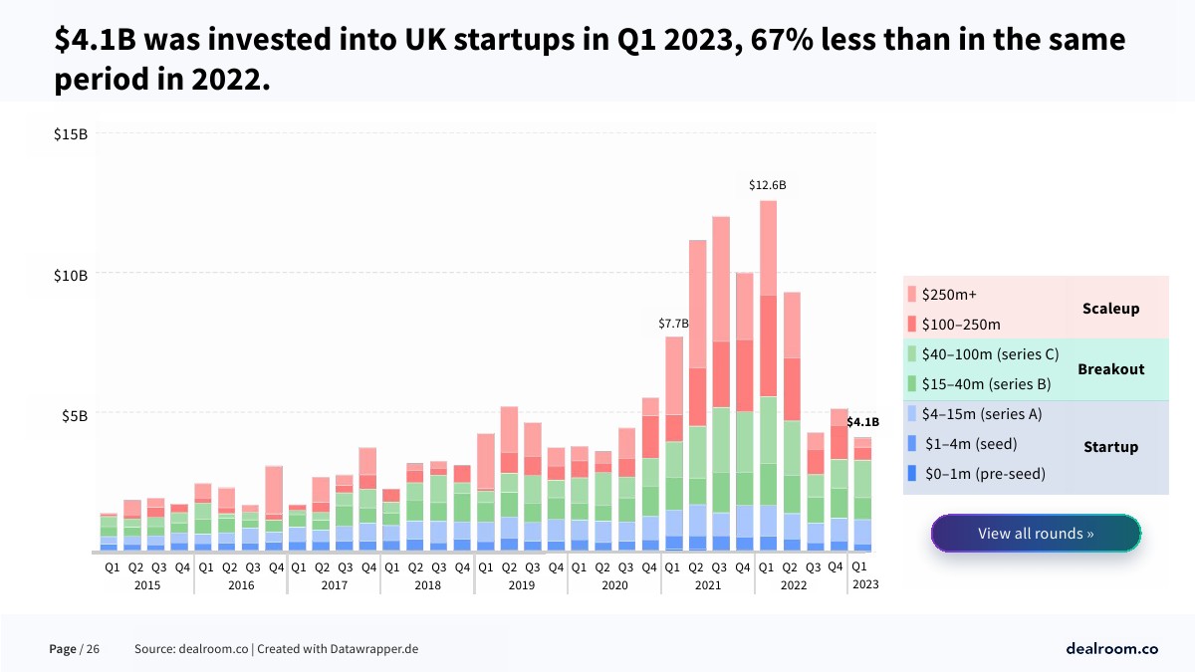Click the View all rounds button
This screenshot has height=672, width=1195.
pos(1036,534)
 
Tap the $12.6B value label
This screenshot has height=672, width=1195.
pos(768,185)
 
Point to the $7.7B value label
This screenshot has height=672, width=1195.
pos(673,324)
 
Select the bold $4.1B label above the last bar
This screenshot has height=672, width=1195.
pos(862,422)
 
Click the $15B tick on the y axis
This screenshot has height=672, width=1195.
pos(71,133)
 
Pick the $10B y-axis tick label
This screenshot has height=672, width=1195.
pos(71,274)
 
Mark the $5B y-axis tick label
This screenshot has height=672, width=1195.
pos(75,414)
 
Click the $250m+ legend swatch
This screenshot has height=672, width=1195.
pos(911,295)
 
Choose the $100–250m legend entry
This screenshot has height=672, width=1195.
pos(961,325)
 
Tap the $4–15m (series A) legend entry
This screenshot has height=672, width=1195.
pos(981,414)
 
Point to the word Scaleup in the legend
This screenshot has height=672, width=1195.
pos(1110,309)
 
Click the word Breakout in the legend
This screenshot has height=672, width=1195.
pos(1110,369)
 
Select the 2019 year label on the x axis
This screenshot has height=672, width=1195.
pos(521,585)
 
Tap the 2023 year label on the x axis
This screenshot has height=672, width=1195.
pos(864,585)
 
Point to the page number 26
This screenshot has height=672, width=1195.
pos(93,649)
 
